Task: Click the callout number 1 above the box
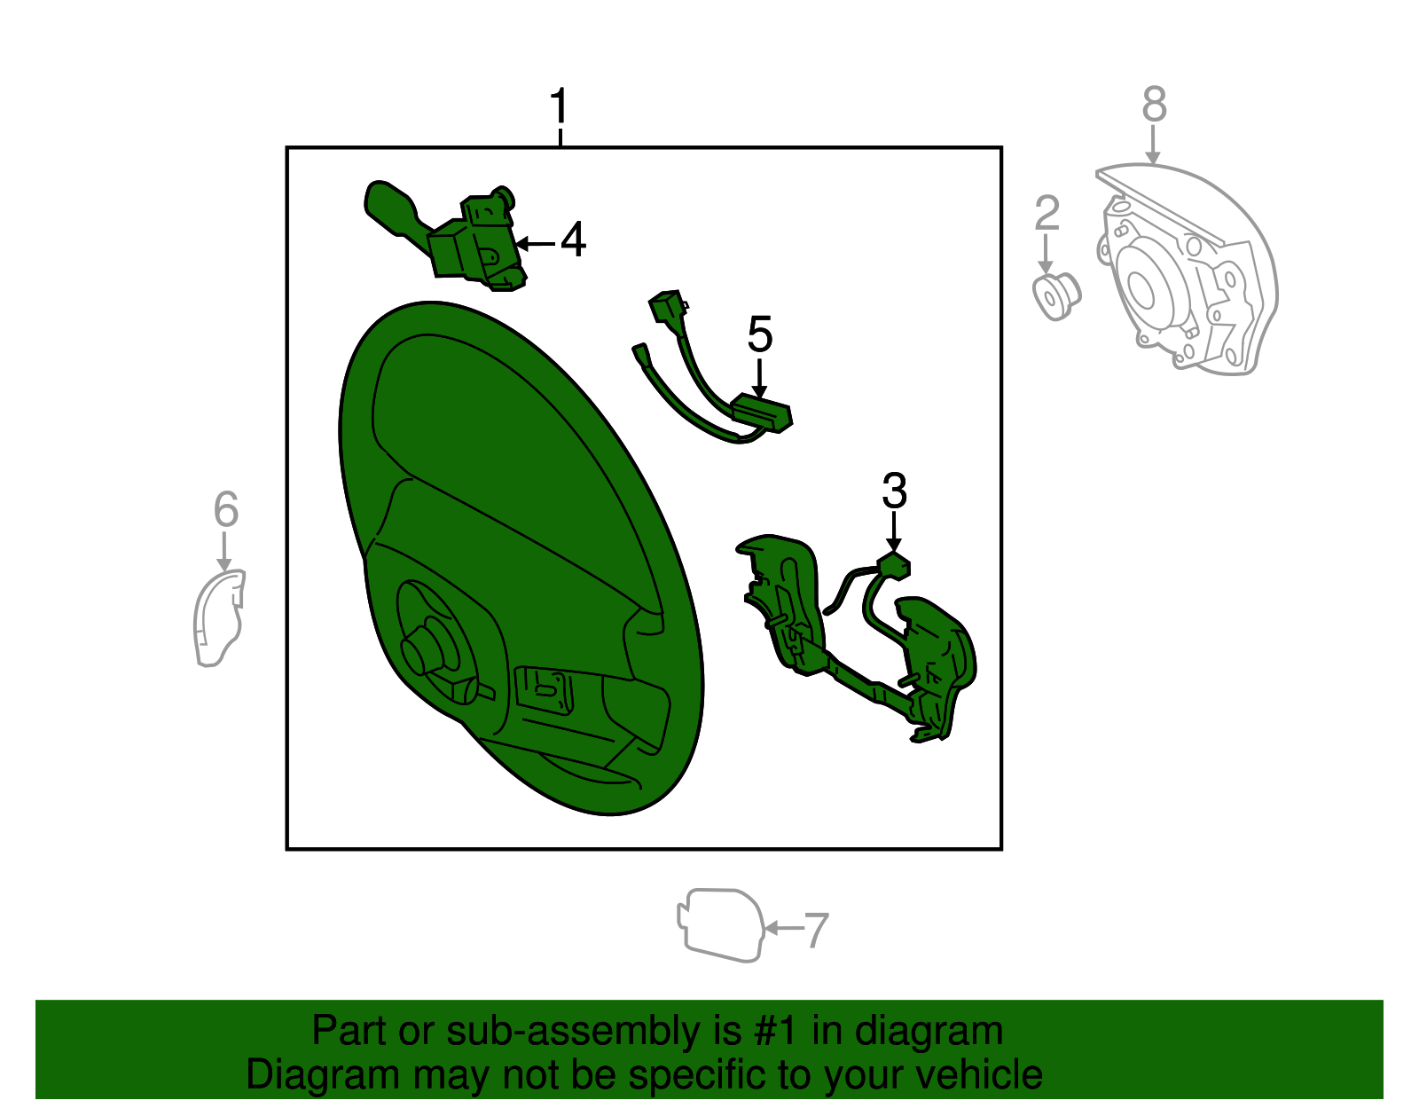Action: point(559,106)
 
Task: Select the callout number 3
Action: point(894,490)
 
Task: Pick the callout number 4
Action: point(573,240)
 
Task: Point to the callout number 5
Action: point(759,334)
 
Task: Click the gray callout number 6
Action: point(226,509)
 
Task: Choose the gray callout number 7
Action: point(816,930)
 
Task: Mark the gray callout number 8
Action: point(1154,104)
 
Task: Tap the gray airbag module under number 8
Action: point(1185,269)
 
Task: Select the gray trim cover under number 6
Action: point(219,617)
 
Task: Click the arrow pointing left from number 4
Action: point(536,244)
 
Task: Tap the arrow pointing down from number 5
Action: point(759,378)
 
